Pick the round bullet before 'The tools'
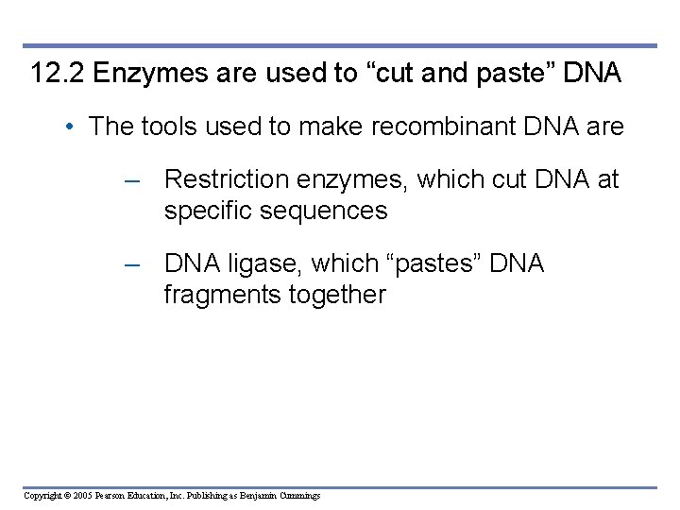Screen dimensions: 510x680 coord(73,127)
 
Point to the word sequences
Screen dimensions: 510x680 coord(329,210)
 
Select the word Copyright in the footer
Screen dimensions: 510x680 coord(43,496)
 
